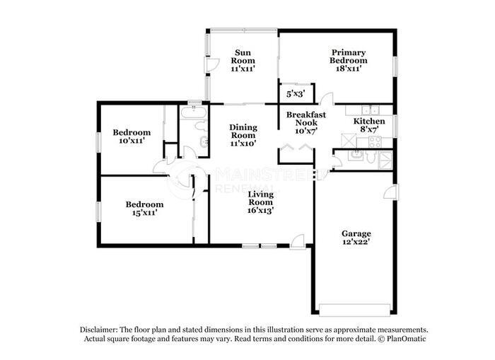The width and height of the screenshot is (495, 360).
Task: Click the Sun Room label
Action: pyautogui.click(x=243, y=57)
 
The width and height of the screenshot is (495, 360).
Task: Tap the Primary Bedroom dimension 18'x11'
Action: pyautogui.click(x=348, y=69)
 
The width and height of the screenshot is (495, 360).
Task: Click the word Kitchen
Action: pyautogui.click(x=369, y=122)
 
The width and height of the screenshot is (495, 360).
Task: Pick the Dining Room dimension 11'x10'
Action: pyautogui.click(x=243, y=143)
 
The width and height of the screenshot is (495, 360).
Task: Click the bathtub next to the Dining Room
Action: pyautogui.click(x=192, y=112)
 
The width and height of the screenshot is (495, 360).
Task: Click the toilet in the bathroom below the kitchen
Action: pyautogui.click(x=356, y=157)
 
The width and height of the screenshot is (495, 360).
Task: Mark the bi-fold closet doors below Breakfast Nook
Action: pyautogui.click(x=294, y=148)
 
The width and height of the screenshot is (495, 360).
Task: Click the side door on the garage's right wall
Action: pyautogui.click(x=390, y=192)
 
